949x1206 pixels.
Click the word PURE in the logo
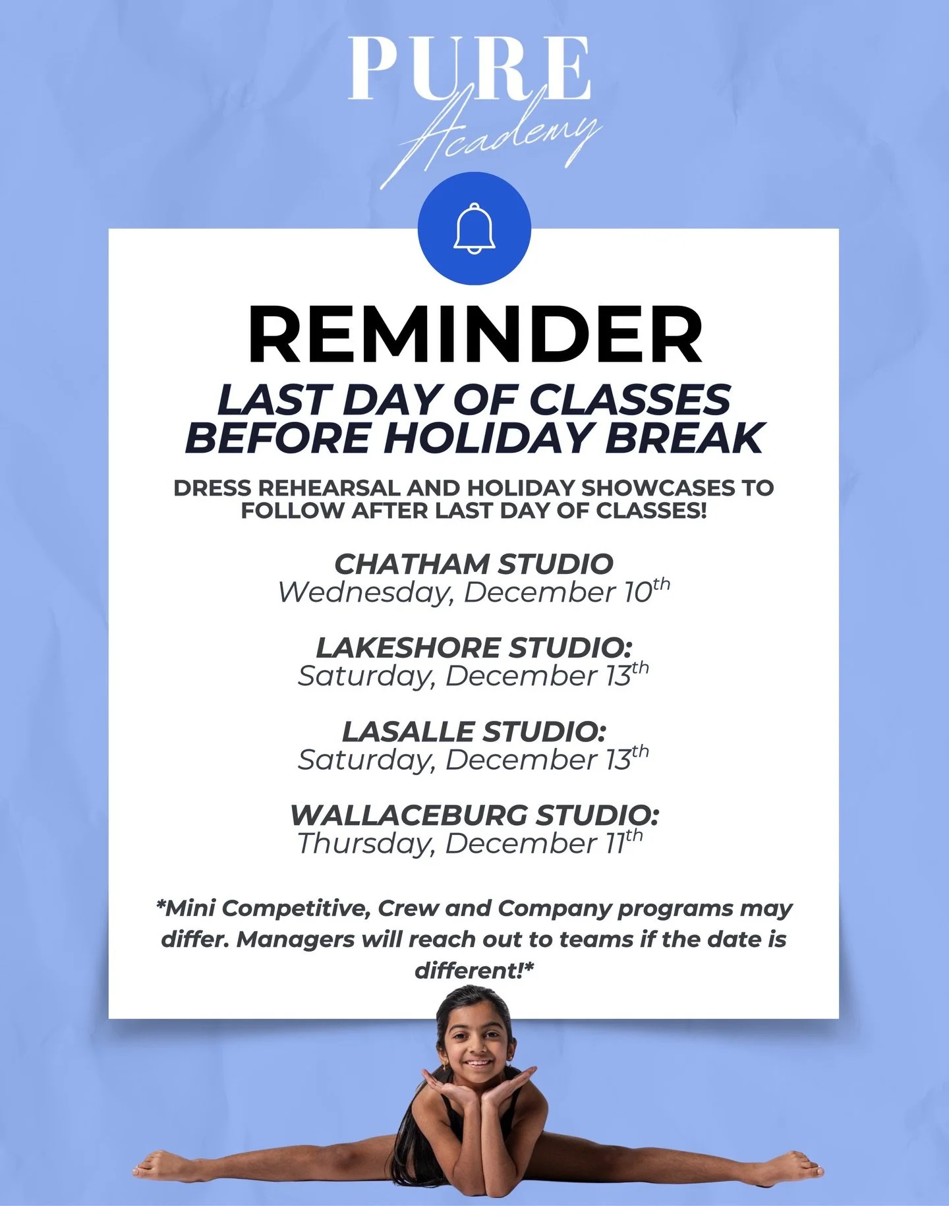[469, 69]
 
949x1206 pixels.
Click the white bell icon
[474, 228]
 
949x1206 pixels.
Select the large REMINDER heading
[474, 334]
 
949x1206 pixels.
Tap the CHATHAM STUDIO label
[474, 564]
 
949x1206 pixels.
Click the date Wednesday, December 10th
[474, 591]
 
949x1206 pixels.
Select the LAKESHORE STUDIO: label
[474, 648]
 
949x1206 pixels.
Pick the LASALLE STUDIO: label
[474, 732]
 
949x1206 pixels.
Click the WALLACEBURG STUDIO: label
[474, 815]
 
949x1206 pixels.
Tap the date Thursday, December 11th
[469, 843]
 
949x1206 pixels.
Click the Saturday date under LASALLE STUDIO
[473, 759]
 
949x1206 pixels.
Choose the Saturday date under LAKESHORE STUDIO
[473, 675]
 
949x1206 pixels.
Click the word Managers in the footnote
[295, 939]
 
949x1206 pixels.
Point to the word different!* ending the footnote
[474, 970]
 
